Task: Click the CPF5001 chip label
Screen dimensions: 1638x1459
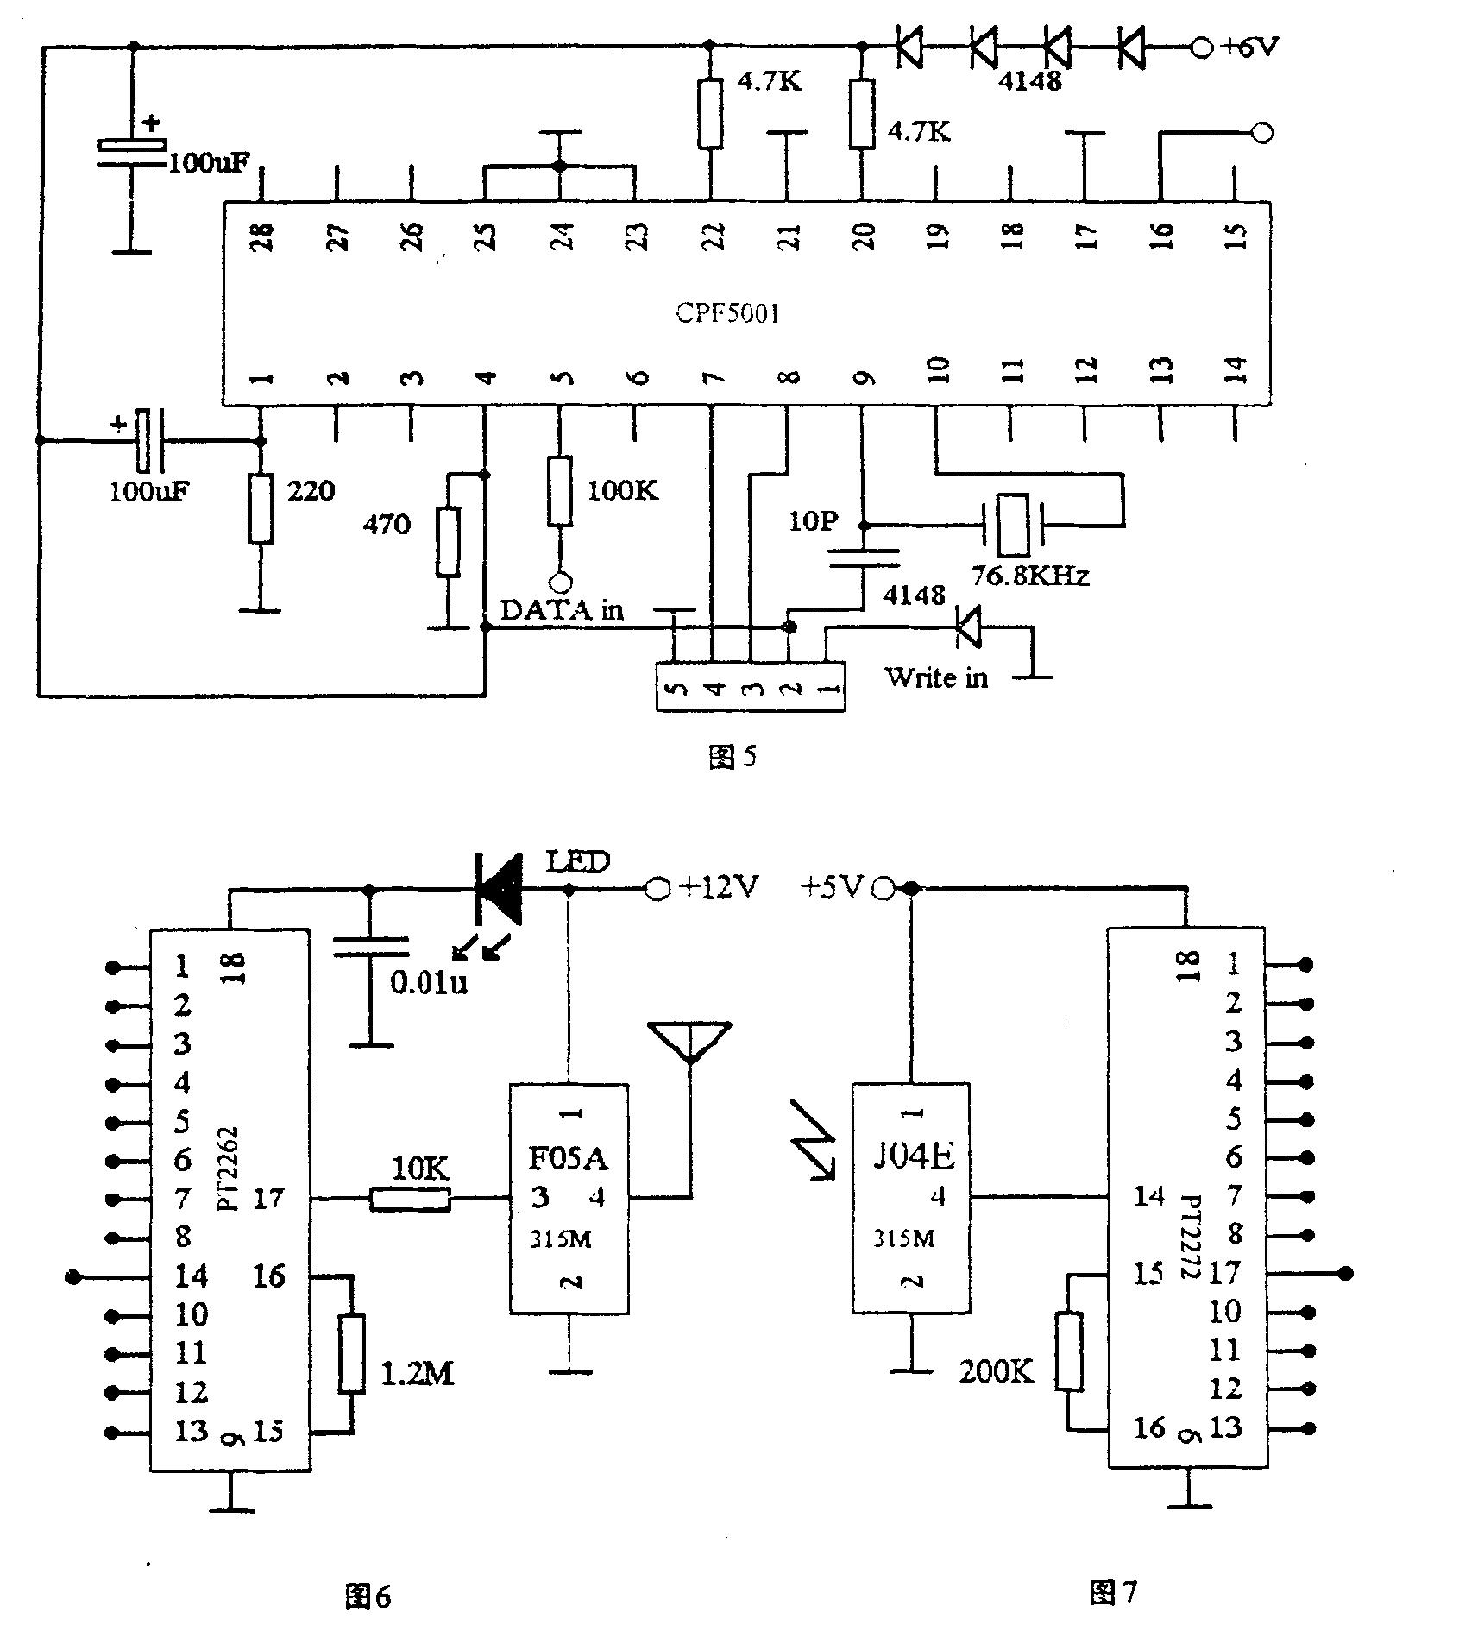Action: [x=727, y=312]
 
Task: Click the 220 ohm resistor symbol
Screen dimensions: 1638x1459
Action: [x=261, y=508]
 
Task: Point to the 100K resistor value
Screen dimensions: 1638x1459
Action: [x=622, y=490]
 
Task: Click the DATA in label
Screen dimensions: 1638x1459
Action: [x=562, y=610]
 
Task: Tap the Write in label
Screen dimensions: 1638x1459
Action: [x=936, y=677]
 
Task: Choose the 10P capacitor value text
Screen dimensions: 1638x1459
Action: [x=813, y=521]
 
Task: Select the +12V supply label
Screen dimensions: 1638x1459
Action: [x=719, y=886]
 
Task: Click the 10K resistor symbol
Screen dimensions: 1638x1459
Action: [x=410, y=1199]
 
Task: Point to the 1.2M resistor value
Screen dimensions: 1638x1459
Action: [x=418, y=1374]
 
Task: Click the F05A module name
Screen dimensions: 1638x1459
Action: [x=568, y=1158]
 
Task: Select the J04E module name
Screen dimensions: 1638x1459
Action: [x=913, y=1156]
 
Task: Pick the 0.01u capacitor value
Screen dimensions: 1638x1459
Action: [x=429, y=982]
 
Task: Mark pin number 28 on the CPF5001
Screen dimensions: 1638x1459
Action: [x=262, y=236]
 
